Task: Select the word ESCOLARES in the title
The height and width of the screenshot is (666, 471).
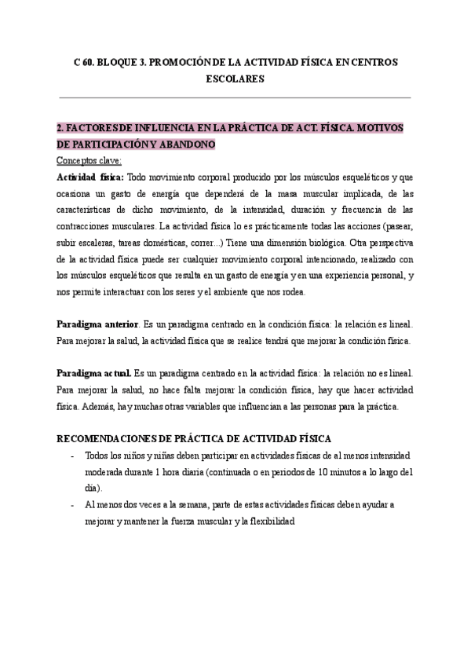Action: (235, 79)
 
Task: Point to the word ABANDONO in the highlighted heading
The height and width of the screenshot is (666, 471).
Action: (186, 145)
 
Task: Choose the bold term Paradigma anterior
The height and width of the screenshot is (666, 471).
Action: (97, 324)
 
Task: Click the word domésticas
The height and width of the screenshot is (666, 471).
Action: (178, 243)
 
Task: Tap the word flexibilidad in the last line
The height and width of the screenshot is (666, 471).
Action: (269, 521)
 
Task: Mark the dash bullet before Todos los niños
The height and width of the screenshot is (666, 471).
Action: (72, 456)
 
